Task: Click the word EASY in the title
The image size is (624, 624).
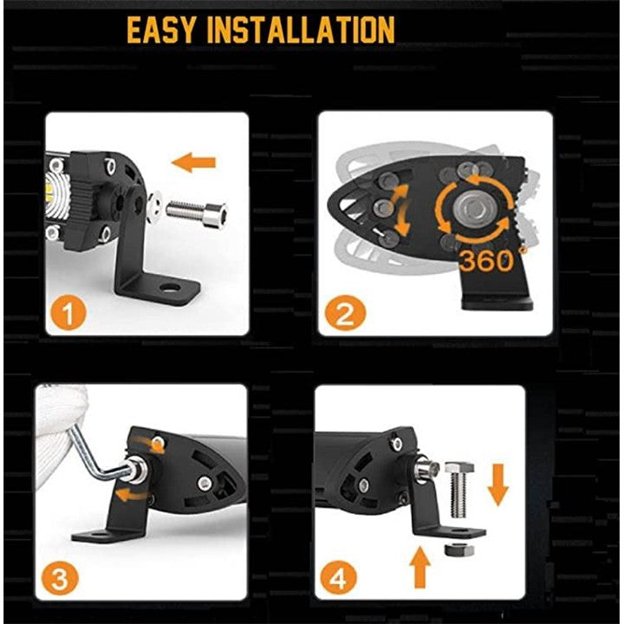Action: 161,29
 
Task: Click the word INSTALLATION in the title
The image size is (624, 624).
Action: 302,29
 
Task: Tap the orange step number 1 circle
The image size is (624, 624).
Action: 68,313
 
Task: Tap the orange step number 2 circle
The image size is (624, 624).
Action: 345,313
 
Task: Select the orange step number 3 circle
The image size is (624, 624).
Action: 60,578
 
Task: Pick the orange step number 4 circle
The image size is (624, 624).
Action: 339,578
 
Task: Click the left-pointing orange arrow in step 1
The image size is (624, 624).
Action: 193,162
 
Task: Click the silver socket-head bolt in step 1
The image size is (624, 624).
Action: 197,214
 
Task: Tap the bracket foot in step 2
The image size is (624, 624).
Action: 497,303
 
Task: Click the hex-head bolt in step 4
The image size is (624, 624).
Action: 458,489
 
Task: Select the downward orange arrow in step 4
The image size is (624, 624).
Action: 497,484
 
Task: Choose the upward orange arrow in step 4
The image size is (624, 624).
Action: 420,567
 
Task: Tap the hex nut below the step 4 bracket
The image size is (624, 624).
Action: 458,549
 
